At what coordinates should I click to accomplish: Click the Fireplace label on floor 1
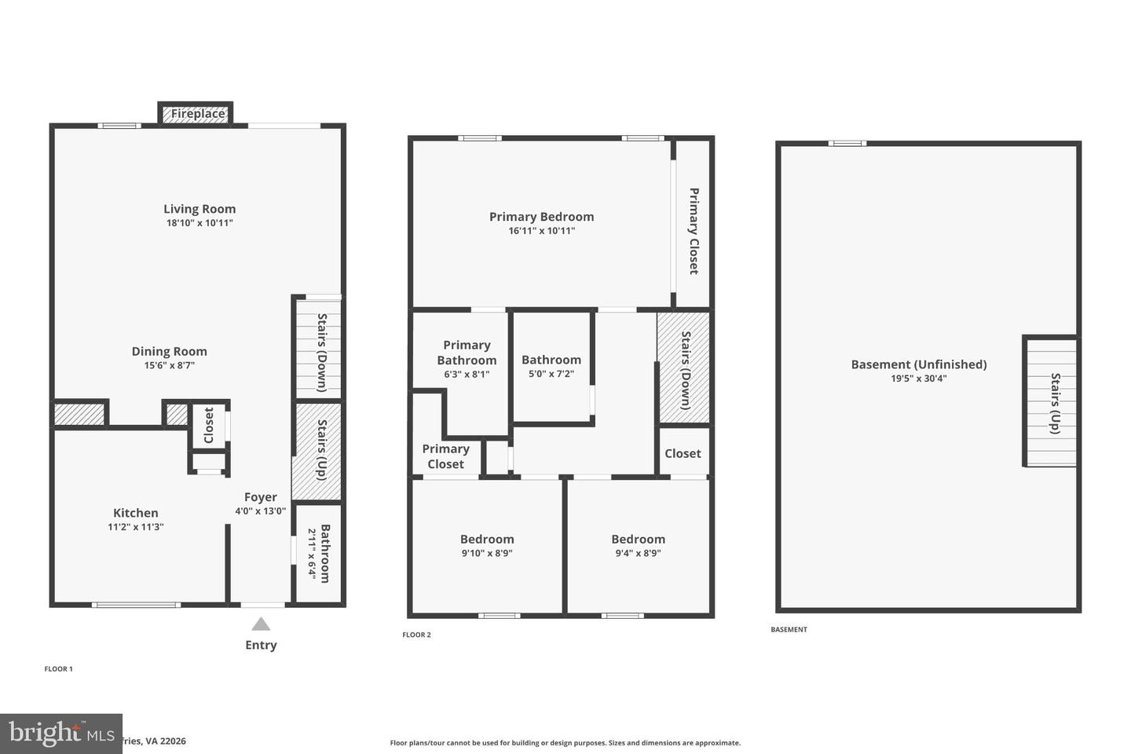point(198,114)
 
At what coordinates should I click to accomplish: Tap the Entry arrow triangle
point(261,624)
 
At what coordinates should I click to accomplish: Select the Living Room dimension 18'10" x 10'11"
point(199,223)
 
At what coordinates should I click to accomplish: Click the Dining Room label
point(169,351)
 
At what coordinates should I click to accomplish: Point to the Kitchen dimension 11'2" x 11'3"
point(135,527)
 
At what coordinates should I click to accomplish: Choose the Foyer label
point(260,496)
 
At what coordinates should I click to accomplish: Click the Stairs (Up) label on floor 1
point(322,450)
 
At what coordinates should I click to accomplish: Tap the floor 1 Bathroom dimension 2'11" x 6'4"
point(312,553)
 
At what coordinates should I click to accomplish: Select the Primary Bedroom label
point(541,217)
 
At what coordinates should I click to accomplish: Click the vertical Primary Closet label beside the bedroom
point(694,230)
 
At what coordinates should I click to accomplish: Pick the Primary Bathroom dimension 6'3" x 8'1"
point(467,375)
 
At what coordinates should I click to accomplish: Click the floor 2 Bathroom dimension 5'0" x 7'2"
point(551,374)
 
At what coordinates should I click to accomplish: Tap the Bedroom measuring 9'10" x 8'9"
point(487,546)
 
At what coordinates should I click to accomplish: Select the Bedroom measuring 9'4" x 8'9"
point(638,546)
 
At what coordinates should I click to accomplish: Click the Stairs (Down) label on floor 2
point(686,370)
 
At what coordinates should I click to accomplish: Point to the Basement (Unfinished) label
point(919,364)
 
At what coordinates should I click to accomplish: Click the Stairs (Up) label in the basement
point(1055,403)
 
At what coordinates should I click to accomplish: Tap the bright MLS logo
point(61,734)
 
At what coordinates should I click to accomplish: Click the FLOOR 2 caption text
point(417,635)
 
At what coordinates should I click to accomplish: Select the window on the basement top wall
point(847,143)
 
